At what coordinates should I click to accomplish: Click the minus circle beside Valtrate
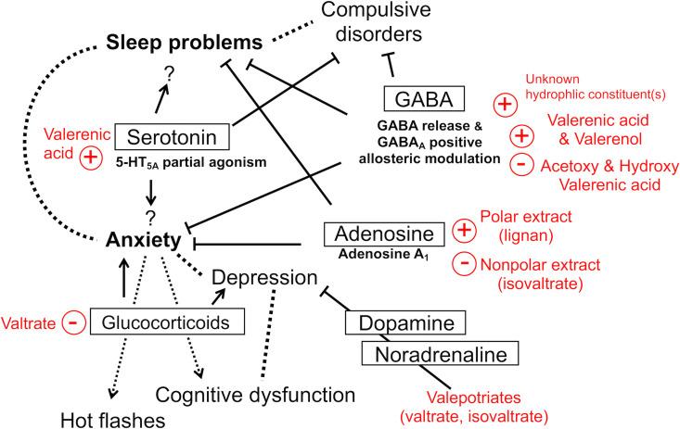tap(73, 321)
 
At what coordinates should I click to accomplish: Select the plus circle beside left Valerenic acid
tap(92, 158)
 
